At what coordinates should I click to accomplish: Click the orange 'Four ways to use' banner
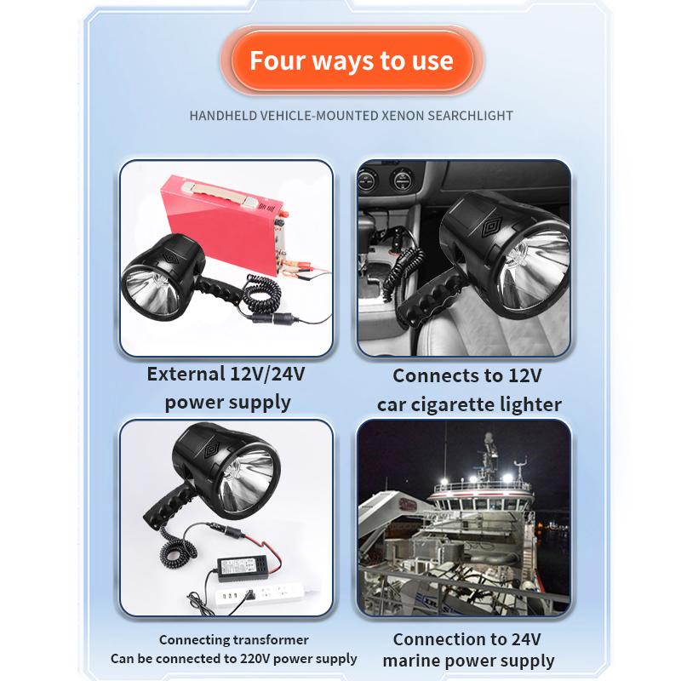352,60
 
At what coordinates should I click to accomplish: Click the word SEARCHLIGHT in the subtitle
471,116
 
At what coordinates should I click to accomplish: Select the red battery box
222,224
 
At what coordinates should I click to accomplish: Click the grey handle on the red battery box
220,193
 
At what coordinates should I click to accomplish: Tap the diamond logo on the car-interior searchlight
492,227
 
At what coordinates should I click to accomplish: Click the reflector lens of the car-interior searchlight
535,269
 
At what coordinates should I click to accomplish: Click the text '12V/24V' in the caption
267,375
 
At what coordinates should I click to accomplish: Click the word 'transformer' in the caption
271,640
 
